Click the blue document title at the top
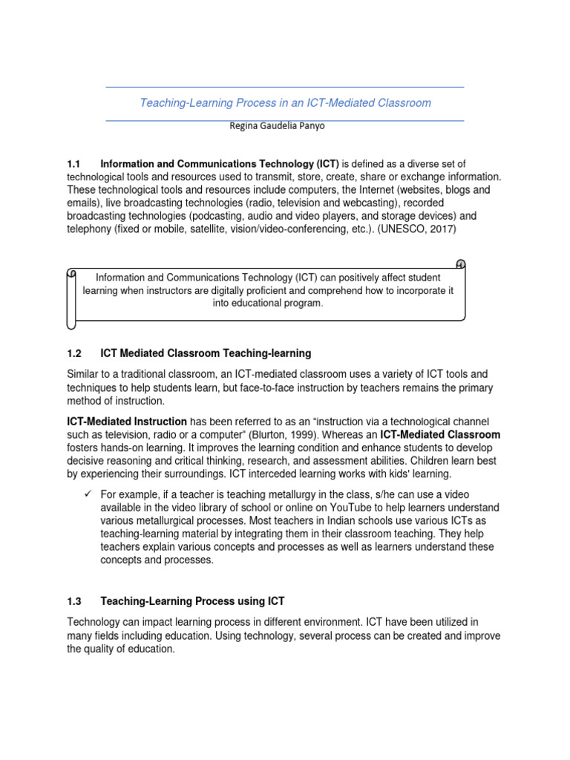point(285,102)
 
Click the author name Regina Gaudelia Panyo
point(278,125)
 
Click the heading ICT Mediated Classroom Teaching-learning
point(206,353)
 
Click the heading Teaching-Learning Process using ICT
point(192,601)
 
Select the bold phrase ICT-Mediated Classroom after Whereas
point(440,435)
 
